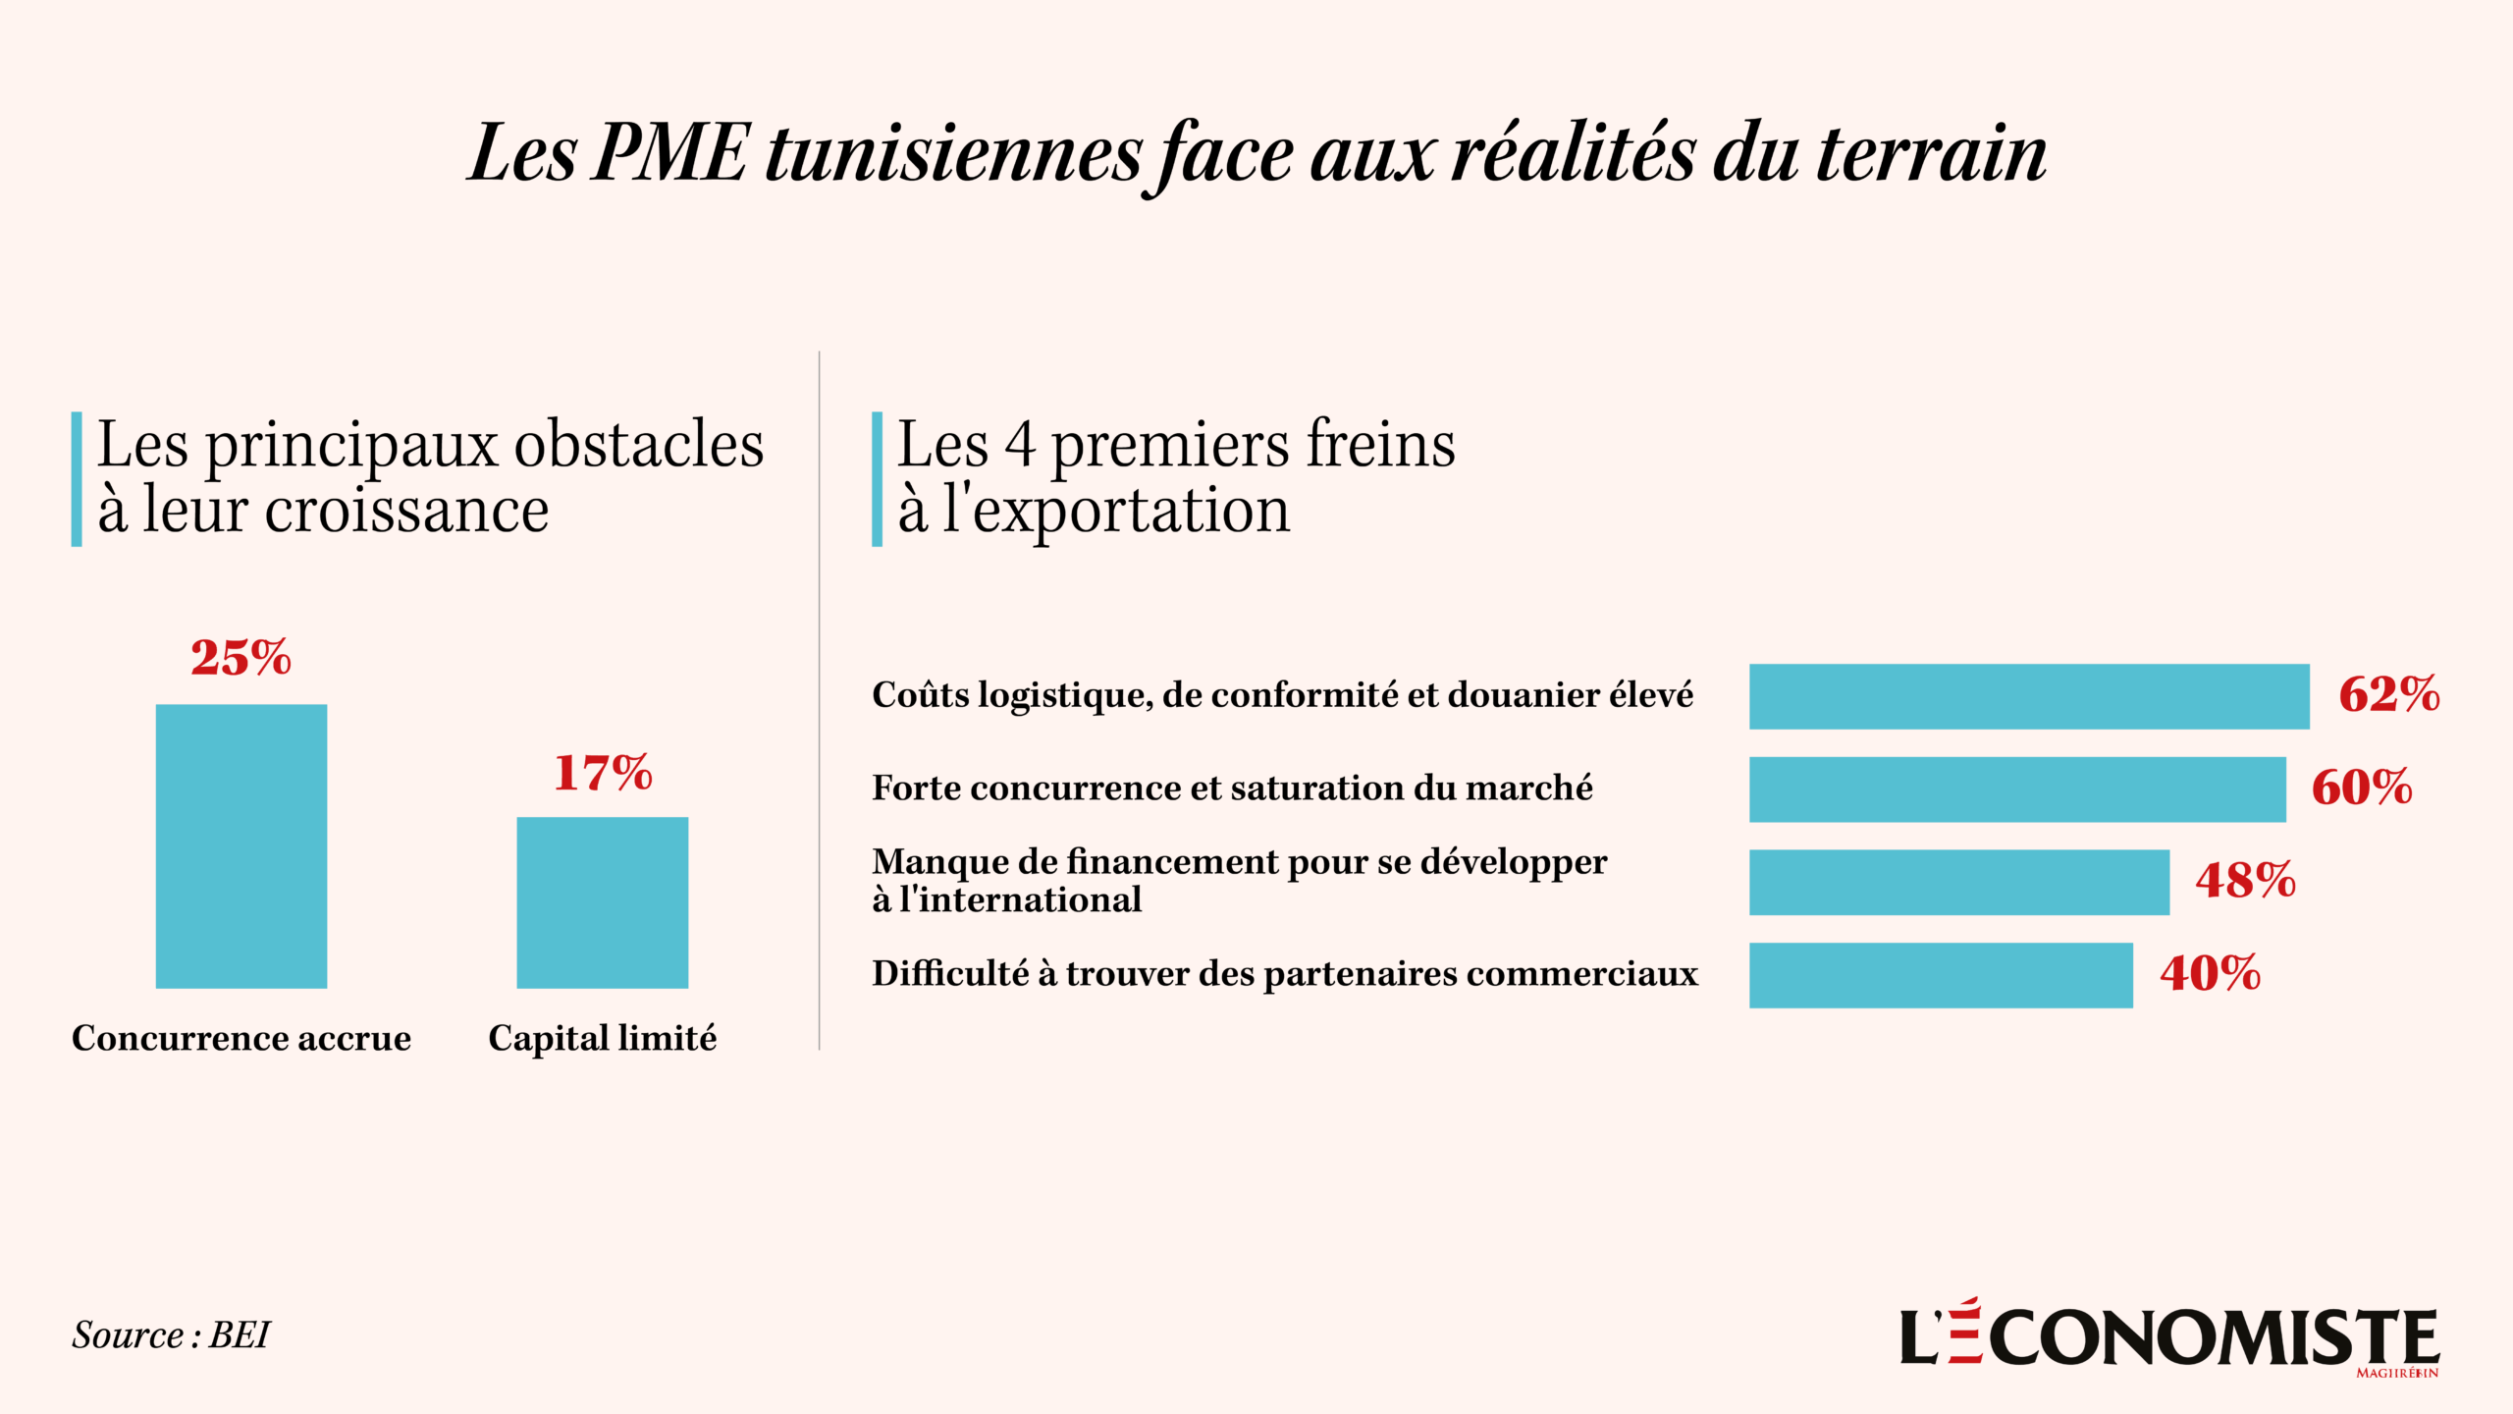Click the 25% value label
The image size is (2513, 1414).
[241, 658]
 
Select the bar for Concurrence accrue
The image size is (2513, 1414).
[241, 845]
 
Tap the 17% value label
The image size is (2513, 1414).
[603, 773]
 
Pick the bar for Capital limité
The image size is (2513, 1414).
[603, 902]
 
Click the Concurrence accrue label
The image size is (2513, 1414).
[241, 1038]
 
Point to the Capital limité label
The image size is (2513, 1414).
[603, 1038]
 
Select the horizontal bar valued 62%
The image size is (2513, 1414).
[2029, 696]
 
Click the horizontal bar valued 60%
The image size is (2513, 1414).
[2017, 789]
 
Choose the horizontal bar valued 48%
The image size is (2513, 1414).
[1959, 882]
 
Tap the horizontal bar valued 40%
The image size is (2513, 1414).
[1941, 975]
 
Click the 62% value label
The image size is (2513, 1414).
[2389, 694]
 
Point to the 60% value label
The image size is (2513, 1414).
[2362, 788]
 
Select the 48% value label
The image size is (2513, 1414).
[2246, 880]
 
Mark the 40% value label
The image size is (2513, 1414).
[2211, 973]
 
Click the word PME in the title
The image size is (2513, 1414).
[670, 154]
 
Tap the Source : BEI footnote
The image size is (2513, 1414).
[171, 1335]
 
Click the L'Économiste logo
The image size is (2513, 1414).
[2169, 1337]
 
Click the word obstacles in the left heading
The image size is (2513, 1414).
[639, 445]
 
